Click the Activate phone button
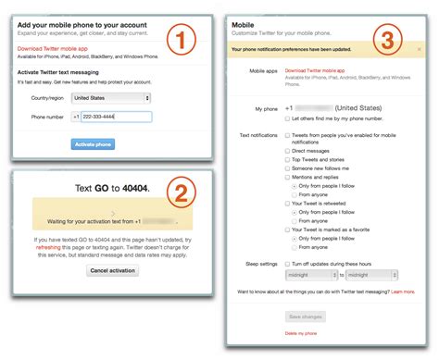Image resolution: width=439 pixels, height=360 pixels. [93, 144]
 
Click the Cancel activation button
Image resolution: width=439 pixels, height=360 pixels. [112, 270]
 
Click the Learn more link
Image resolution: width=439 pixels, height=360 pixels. [402, 292]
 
